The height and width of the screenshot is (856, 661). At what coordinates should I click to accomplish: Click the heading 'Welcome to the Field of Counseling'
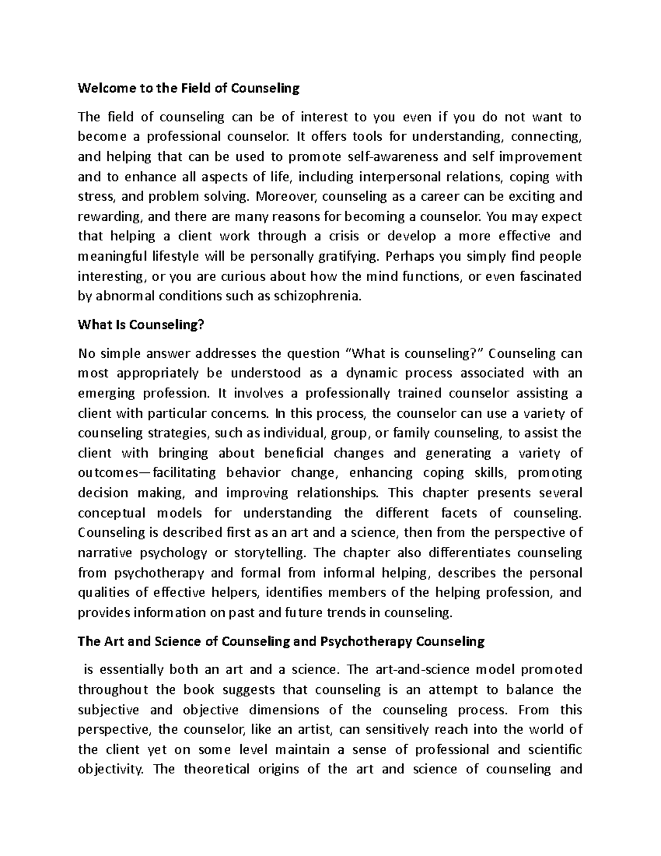tap(188, 88)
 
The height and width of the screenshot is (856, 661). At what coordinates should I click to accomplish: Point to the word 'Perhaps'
tap(407, 256)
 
